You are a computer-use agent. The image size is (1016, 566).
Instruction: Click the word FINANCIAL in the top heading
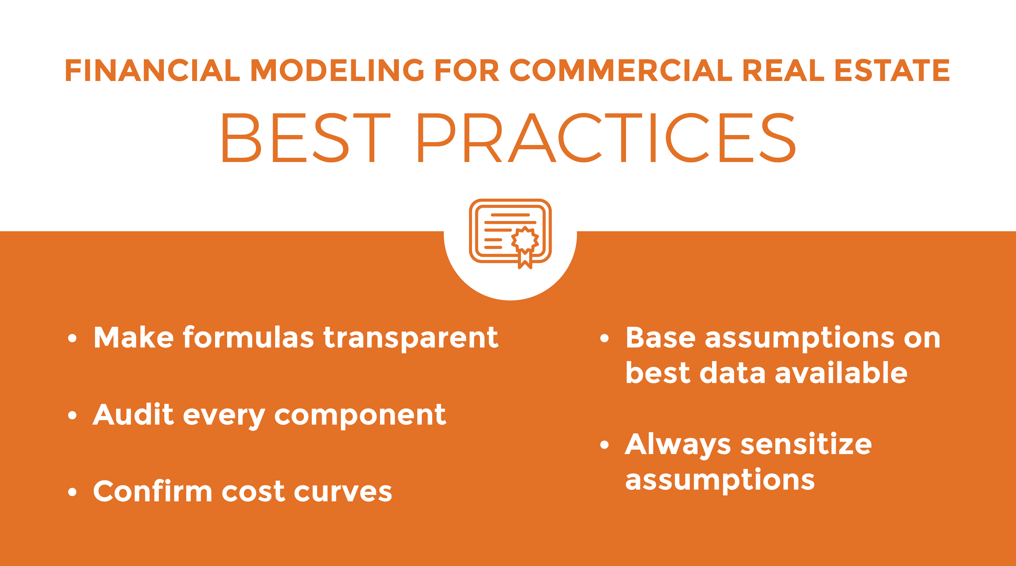(x=153, y=71)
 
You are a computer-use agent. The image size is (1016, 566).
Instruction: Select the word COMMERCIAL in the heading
(x=621, y=71)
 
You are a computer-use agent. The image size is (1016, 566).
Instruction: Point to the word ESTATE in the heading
(x=892, y=71)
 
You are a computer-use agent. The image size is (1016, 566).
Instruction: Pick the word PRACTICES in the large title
(x=606, y=138)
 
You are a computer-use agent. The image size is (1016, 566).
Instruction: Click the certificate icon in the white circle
(x=510, y=234)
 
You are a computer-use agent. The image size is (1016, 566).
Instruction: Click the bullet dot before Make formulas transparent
(x=72, y=339)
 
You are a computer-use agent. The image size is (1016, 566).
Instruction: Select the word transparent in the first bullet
(x=411, y=338)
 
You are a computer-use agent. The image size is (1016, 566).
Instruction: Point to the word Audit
(x=133, y=415)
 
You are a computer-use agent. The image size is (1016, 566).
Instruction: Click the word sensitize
(x=806, y=444)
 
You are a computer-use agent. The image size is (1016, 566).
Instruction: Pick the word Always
(x=678, y=446)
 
